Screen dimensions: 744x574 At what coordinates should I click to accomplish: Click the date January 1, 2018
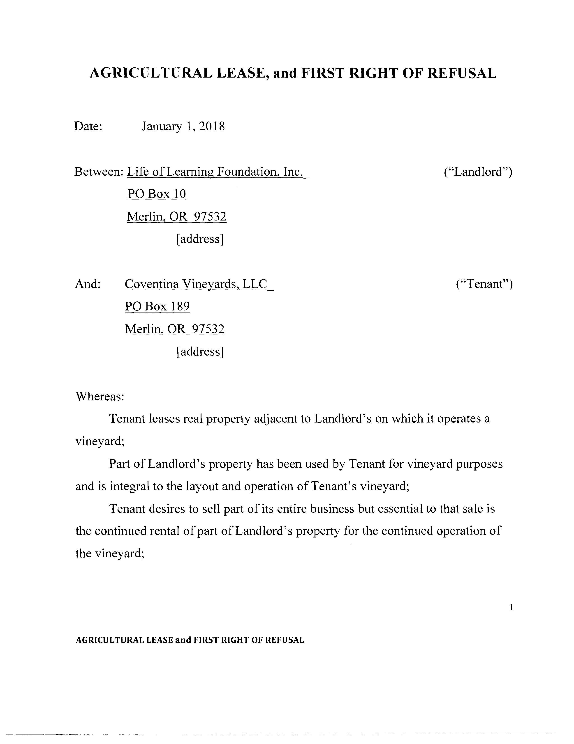(x=183, y=126)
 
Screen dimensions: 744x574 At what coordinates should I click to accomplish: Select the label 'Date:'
(x=88, y=126)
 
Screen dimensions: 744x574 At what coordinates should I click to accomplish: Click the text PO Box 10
(x=157, y=194)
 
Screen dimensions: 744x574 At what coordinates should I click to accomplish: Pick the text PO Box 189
(x=157, y=307)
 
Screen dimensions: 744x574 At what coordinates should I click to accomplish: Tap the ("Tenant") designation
(x=484, y=284)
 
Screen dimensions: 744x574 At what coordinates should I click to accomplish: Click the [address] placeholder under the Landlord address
(x=200, y=239)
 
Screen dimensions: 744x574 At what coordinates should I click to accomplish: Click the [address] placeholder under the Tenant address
(x=200, y=351)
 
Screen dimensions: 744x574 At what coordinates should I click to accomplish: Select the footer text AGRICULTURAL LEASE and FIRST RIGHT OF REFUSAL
(x=190, y=640)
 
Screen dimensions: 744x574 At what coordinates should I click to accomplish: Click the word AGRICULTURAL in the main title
(x=151, y=73)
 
